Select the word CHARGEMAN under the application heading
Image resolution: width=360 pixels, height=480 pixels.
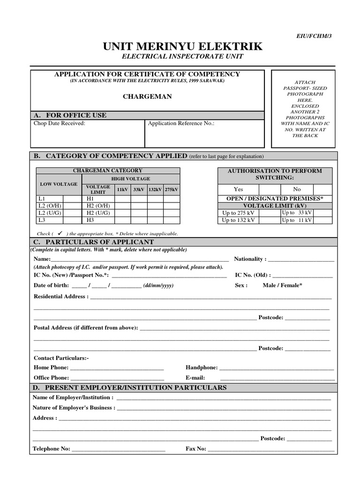pos(147,96)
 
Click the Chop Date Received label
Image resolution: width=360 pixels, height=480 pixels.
pos(59,123)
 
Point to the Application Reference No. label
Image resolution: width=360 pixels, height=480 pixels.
pos(181,123)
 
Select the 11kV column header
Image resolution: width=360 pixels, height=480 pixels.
pos(122,189)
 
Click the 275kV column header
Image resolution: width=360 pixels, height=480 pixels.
pos(172,189)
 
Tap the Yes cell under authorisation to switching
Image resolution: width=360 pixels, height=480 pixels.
pos(239,189)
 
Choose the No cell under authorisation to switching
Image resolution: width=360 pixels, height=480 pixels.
pos(297,189)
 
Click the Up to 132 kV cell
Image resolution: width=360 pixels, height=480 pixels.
pos(239,220)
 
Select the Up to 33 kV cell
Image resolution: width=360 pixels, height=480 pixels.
pos(297,212)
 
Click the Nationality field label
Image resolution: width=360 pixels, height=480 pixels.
pos(250,259)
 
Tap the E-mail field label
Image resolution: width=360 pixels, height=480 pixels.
pos(195,377)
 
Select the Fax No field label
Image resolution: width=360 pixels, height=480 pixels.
pos(196,449)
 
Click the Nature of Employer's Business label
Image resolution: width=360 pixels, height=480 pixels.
pos(74,408)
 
